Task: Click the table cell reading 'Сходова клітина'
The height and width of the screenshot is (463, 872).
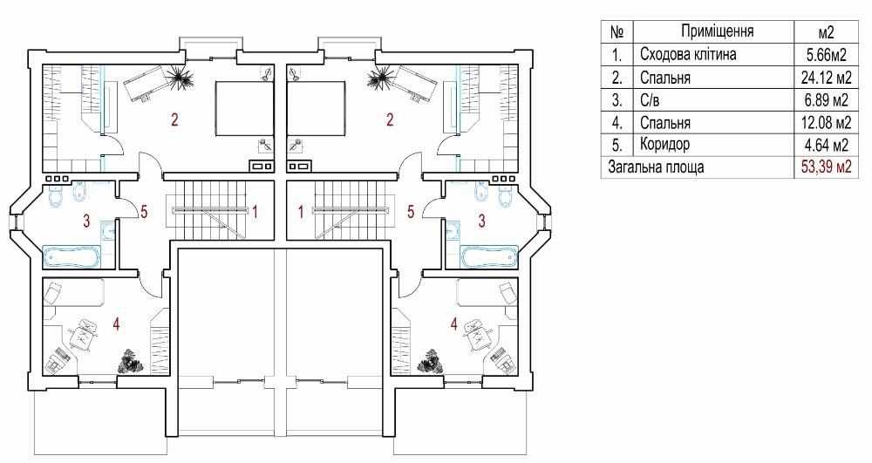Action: coord(688,54)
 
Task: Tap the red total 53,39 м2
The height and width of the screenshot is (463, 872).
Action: coord(827,167)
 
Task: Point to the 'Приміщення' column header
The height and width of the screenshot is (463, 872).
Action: coord(718,31)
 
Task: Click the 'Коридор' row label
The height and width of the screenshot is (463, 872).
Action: coord(664,145)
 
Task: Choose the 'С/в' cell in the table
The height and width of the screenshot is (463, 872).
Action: coord(651,100)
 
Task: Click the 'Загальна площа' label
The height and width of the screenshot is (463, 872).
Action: coord(656,167)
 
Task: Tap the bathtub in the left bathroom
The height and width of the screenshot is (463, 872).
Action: coord(72,257)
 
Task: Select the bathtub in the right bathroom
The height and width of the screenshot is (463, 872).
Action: coord(489,257)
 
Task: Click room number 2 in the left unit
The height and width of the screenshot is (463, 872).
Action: coord(174,119)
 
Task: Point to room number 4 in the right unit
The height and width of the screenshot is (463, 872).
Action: coord(454,323)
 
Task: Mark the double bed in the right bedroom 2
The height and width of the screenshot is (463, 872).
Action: coord(316,109)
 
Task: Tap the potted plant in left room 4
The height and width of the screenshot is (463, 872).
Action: coord(131,361)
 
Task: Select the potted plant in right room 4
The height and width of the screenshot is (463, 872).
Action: coord(431,361)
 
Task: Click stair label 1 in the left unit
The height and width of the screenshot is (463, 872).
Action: coord(254,212)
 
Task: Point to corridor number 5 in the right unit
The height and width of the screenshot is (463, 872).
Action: coord(411,212)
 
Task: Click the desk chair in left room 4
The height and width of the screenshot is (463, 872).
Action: coord(84,332)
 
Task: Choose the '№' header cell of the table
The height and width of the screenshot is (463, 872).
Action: coord(617,31)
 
